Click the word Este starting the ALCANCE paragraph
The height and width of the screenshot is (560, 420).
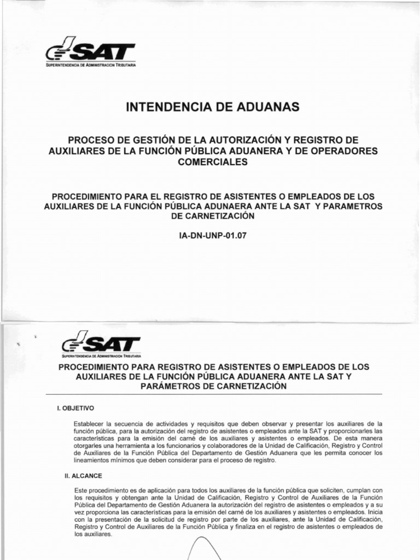pos(80,492)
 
